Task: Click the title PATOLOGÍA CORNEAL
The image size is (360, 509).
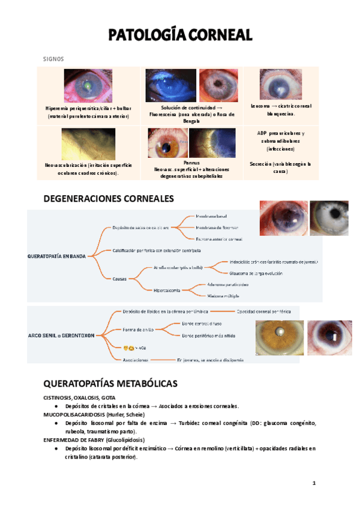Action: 180,35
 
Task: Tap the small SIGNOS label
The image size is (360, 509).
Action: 53,59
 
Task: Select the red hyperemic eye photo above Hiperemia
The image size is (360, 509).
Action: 88,86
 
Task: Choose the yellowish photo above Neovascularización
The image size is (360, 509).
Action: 88,144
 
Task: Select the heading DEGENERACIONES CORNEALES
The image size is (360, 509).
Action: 109,198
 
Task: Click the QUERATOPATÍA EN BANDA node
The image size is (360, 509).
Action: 57,256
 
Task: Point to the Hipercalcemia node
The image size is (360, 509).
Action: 168,290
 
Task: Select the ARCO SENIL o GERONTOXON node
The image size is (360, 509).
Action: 61,336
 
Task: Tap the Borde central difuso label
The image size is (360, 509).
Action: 203,323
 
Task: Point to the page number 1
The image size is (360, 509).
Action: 314,483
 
